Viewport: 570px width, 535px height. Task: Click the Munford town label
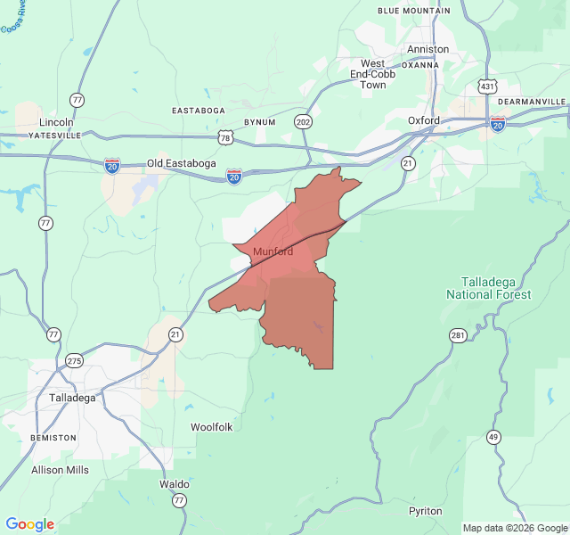(x=273, y=252)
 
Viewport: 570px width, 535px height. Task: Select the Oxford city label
(x=424, y=120)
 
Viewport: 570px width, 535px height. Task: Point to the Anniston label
(x=427, y=49)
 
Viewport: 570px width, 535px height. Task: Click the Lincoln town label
(x=56, y=121)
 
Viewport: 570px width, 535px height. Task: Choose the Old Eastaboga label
(x=183, y=164)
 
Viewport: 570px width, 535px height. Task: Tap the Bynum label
(x=259, y=121)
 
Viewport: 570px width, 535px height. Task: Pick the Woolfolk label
(x=211, y=427)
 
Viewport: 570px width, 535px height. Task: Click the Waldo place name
(x=174, y=484)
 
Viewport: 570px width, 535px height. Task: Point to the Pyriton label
(x=425, y=511)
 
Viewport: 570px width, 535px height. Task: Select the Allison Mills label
(x=60, y=470)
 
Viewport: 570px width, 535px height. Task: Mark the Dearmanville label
(x=532, y=103)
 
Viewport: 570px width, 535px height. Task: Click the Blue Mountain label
(x=413, y=11)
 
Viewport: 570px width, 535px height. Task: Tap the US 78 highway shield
(x=226, y=137)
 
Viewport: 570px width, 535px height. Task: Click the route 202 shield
(x=304, y=121)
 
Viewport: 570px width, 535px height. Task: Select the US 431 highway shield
(x=486, y=86)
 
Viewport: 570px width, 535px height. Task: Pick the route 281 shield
(x=458, y=335)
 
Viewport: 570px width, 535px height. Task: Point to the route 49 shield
(x=493, y=436)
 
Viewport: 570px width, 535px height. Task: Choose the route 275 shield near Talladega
(x=74, y=361)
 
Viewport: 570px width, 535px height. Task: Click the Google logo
(x=29, y=524)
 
